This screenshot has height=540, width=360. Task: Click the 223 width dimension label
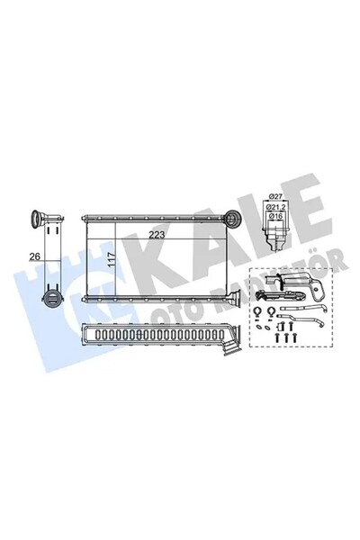pyautogui.click(x=157, y=235)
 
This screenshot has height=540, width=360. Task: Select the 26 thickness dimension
pyautogui.click(x=35, y=256)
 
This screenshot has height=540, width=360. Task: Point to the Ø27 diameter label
pyautogui.click(x=275, y=196)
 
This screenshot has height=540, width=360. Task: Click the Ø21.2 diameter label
pyautogui.click(x=275, y=207)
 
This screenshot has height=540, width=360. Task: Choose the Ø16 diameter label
pyautogui.click(x=275, y=216)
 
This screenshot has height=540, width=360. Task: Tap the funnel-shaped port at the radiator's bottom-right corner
pyautogui.click(x=235, y=297)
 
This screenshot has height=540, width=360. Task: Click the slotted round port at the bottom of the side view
pyautogui.click(x=51, y=298)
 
